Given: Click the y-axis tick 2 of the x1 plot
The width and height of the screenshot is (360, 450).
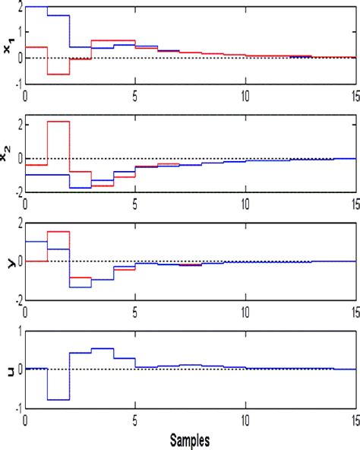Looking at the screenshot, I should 18,8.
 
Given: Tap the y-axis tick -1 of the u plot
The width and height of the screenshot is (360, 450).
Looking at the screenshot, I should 17,407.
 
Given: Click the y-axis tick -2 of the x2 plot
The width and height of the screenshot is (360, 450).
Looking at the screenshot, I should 17,192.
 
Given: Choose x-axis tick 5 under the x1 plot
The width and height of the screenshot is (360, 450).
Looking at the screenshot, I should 135,96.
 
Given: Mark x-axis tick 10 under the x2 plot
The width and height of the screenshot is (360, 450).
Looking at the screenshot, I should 245,204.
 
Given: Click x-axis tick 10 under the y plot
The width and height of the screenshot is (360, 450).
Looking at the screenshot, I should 245,312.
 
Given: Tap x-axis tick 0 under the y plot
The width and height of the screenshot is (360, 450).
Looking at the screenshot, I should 26,312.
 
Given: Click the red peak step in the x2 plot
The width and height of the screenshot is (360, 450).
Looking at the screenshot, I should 58,122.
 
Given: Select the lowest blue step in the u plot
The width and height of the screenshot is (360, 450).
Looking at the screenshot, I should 58,399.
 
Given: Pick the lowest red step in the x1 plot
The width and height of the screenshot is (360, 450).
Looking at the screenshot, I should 58,74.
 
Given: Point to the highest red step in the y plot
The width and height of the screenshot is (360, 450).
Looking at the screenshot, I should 58,232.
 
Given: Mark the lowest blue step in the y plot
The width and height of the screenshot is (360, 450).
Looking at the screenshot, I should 81,287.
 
